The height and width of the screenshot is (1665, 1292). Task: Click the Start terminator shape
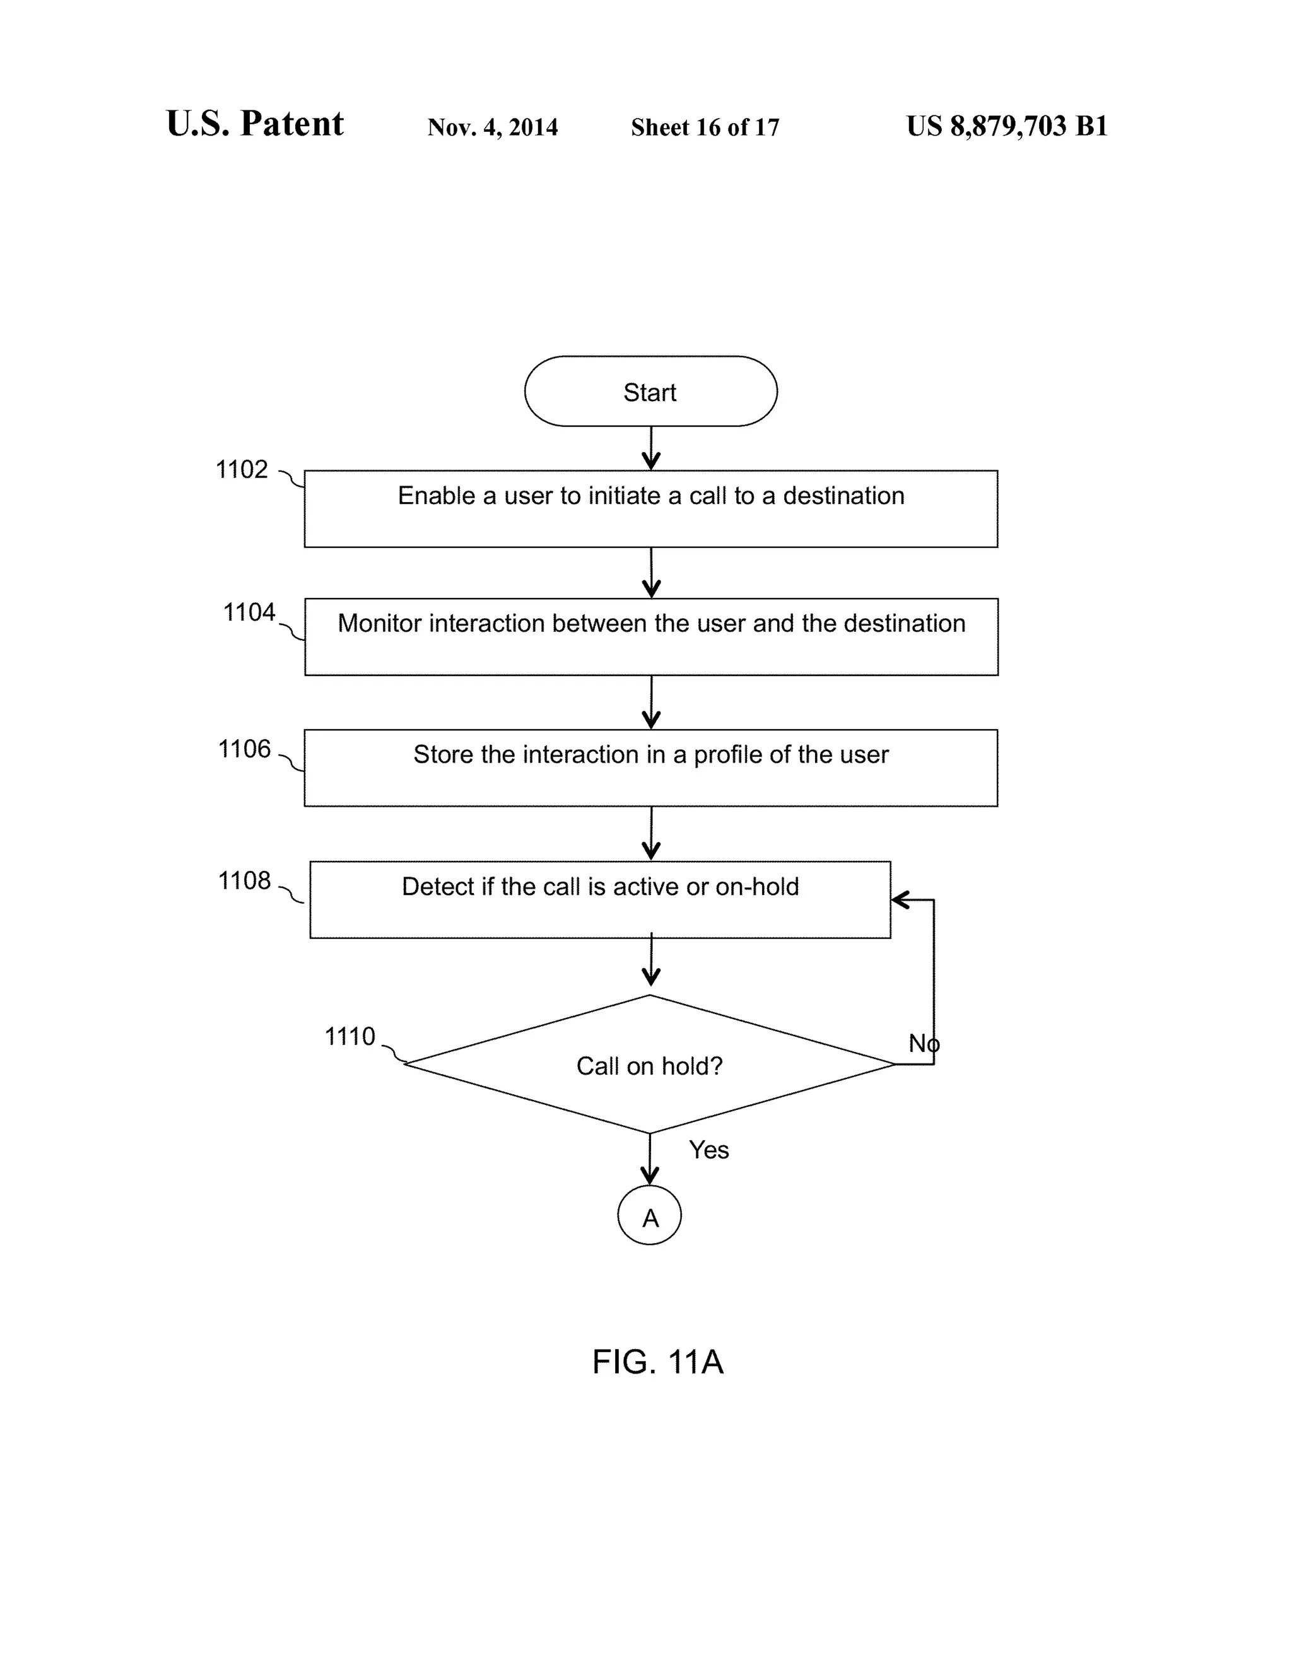coord(650,391)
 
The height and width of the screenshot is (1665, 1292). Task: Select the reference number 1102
coord(242,470)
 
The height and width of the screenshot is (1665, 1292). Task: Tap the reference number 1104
coord(249,612)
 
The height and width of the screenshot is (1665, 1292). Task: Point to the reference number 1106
coord(244,749)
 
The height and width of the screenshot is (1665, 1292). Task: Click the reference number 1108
coord(244,880)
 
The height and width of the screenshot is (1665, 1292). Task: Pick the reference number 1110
coord(350,1037)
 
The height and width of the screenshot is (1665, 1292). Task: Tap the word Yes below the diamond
coord(708,1150)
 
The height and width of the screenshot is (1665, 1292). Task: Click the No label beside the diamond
coord(923,1043)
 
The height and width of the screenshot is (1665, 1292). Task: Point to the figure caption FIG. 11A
coord(657,1362)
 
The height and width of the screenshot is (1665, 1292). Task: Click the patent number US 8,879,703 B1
coord(1007,127)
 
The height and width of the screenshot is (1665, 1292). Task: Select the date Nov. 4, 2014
coord(493,127)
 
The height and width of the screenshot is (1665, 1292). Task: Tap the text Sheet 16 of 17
coord(705,127)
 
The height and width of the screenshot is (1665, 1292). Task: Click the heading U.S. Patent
coord(255,124)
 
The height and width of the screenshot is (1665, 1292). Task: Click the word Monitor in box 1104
coord(379,624)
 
